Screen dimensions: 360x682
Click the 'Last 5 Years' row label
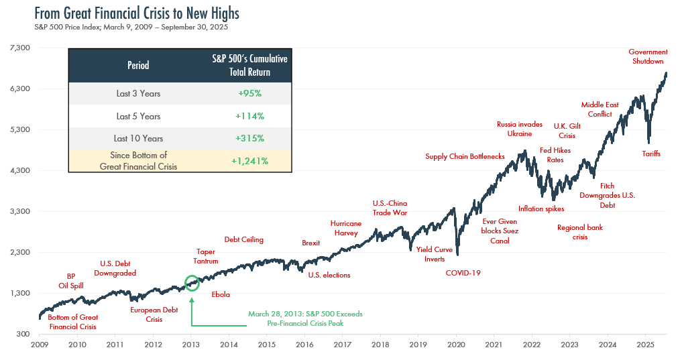[x=138, y=116]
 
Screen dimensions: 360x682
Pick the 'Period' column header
[x=138, y=65]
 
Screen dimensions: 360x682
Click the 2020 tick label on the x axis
[x=456, y=345]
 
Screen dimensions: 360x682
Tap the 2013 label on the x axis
[x=191, y=345]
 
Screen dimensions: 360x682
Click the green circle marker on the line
[x=192, y=283]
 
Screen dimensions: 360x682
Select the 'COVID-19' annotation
[x=463, y=273]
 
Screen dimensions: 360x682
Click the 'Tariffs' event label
[x=651, y=154]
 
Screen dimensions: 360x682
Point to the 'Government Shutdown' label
[x=648, y=56]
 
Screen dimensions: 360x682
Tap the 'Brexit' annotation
[x=311, y=243]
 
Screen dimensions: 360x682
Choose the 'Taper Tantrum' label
[x=205, y=256]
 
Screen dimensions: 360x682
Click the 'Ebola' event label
[x=220, y=294]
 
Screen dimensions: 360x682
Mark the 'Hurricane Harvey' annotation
[x=346, y=228]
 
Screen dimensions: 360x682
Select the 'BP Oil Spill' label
[x=72, y=280]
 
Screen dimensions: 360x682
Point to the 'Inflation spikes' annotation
[x=541, y=208]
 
